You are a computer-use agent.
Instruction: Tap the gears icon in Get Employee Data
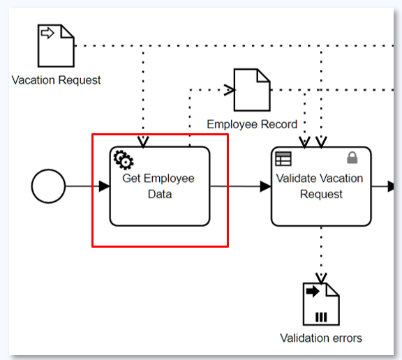[124, 160]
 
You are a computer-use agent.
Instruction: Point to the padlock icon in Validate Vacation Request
[352, 157]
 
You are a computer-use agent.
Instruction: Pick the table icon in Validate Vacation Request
[283, 159]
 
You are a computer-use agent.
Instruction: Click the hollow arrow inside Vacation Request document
[47, 33]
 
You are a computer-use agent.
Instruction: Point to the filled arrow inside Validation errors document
[313, 291]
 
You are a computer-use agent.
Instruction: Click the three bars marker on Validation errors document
[321, 317]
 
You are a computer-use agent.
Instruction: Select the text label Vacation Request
[56, 80]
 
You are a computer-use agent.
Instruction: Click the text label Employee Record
[252, 124]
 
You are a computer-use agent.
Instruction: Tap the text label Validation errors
[321, 338]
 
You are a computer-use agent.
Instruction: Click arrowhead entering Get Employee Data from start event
[105, 186]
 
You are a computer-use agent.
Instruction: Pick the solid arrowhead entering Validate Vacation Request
[266, 186]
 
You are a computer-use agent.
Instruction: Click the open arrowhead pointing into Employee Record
[230, 90]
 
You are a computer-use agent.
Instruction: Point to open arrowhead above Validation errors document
[321, 278]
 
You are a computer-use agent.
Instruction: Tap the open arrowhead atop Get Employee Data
[143, 142]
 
